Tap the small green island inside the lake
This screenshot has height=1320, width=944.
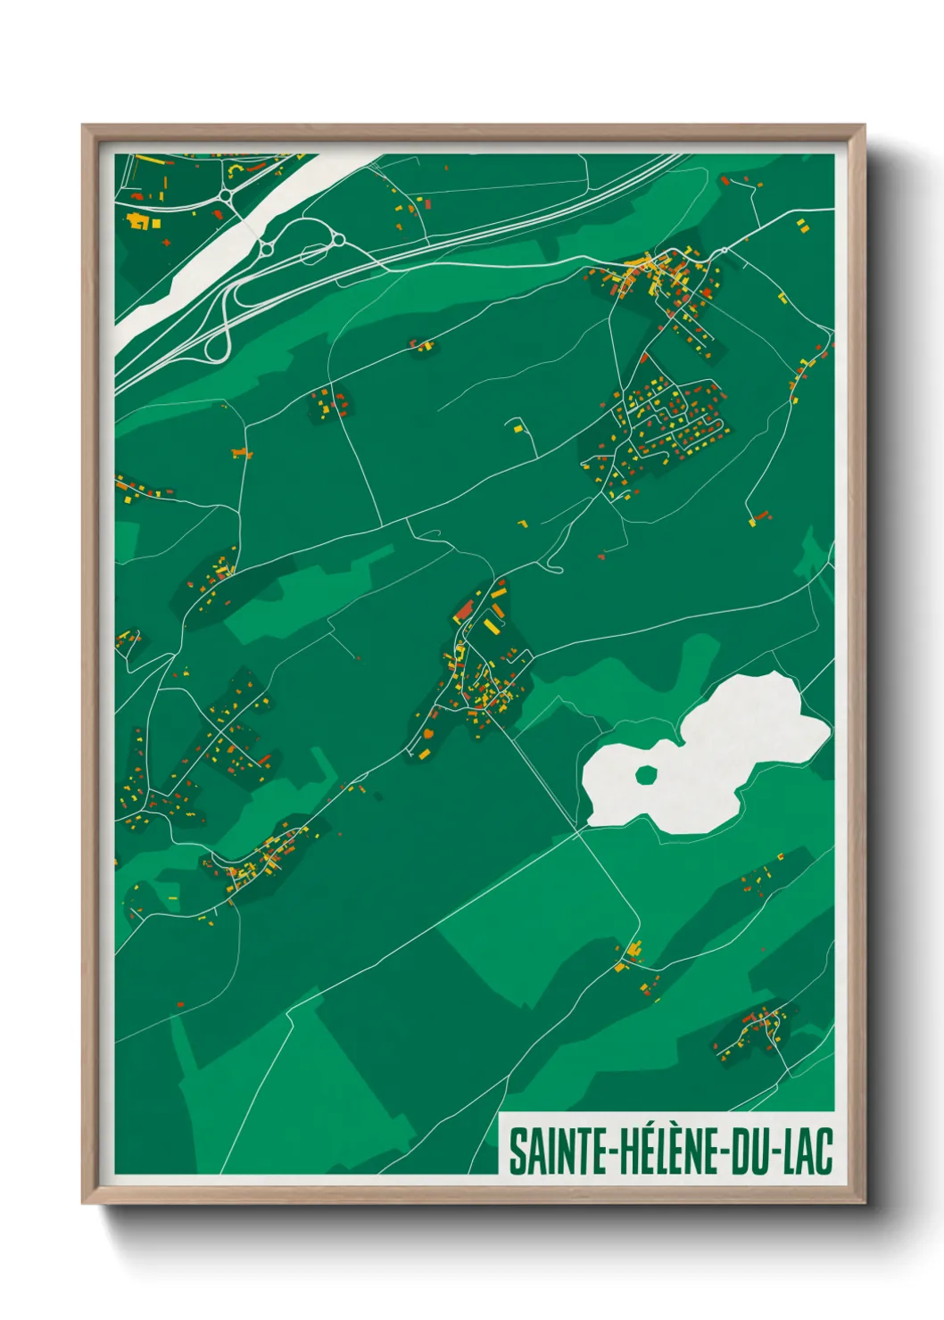(x=646, y=775)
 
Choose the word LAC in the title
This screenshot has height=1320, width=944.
(x=808, y=1151)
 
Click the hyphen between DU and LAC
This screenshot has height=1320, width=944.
(x=777, y=1152)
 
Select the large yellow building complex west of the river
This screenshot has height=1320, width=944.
(x=138, y=219)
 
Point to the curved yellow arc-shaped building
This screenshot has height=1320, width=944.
(x=236, y=168)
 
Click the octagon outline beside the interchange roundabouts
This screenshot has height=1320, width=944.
(x=312, y=254)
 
